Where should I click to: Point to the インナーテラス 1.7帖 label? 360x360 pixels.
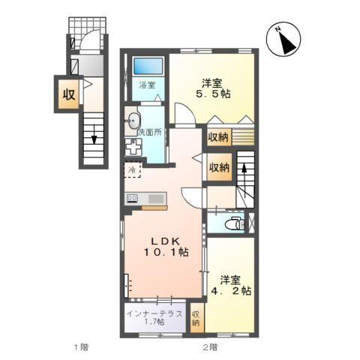pyautogui.click(x=153, y=318)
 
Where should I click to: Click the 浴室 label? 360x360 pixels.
pyautogui.click(x=147, y=85)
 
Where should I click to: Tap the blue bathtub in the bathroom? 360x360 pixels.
pyautogui.click(x=147, y=65)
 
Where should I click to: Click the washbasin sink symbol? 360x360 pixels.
pyautogui.click(x=133, y=118)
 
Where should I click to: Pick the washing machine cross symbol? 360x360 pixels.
pyautogui.click(x=134, y=147)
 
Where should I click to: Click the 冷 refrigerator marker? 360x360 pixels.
pyautogui.click(x=132, y=172)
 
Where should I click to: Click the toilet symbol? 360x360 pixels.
pyautogui.click(x=235, y=223)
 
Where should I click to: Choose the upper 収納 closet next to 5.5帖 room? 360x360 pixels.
pyautogui.click(x=218, y=137)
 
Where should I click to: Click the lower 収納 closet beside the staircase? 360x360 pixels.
pyautogui.click(x=218, y=166)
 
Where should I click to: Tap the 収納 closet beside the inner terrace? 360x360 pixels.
pyautogui.click(x=196, y=318)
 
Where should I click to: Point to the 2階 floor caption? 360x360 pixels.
pyautogui.click(x=209, y=346)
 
